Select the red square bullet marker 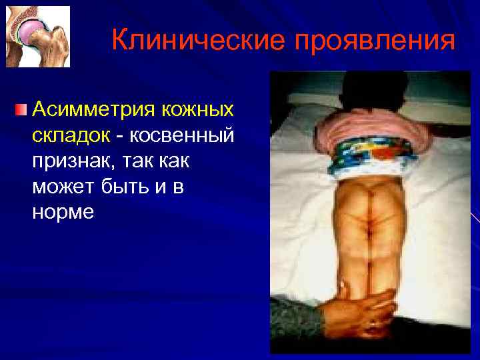(22, 108)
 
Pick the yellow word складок (71, 135)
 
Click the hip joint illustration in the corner (38, 37)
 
